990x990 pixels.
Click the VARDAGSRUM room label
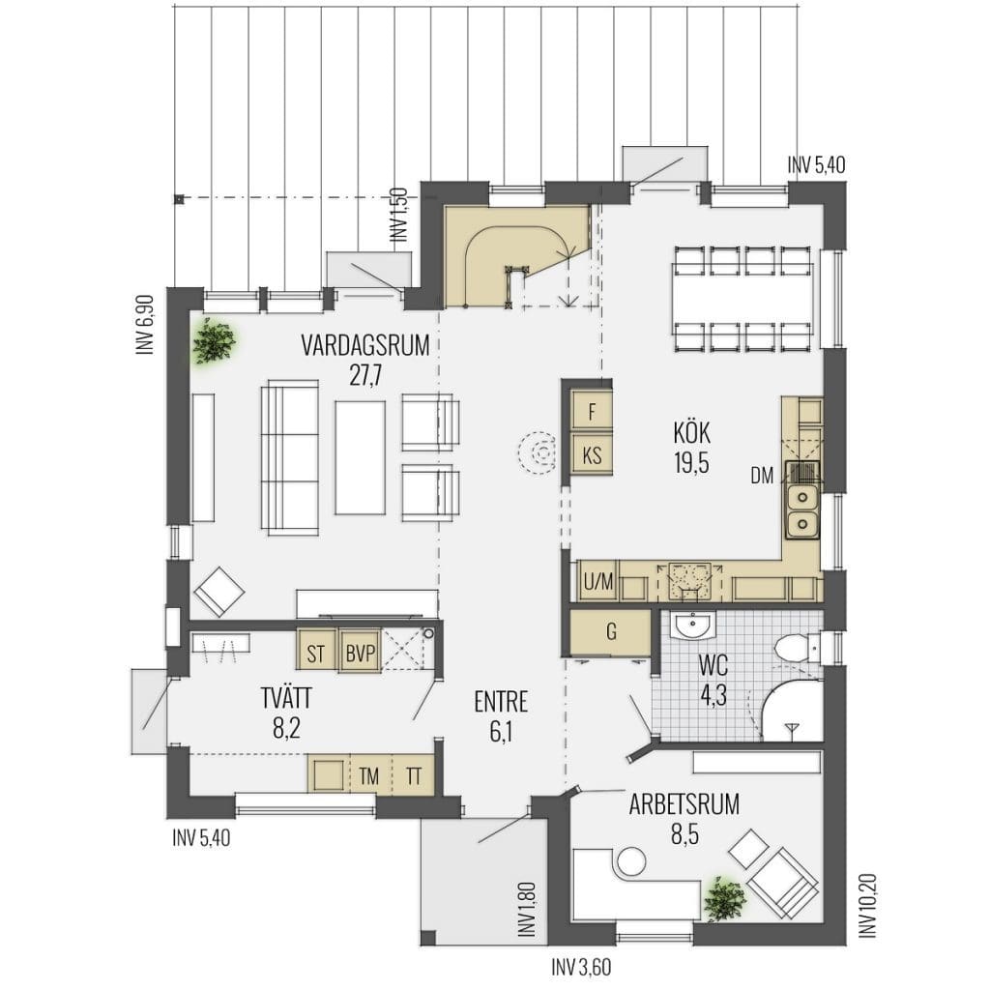pos(364,346)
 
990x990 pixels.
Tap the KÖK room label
pos(691,433)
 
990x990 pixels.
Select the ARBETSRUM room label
pos(684,804)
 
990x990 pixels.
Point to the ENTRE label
pos(501,702)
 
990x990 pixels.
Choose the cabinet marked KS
pos(591,454)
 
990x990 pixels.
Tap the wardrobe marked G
pos(610,631)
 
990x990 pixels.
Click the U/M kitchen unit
pos(597,581)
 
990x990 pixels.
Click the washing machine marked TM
pos(368,775)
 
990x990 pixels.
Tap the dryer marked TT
pos(414,775)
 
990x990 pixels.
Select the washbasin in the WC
pos(693,626)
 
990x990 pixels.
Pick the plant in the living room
pos(215,341)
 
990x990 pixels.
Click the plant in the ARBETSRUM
pos(724,898)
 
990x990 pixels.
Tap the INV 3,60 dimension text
pos(581,967)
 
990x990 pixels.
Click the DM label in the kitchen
pos(762,476)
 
